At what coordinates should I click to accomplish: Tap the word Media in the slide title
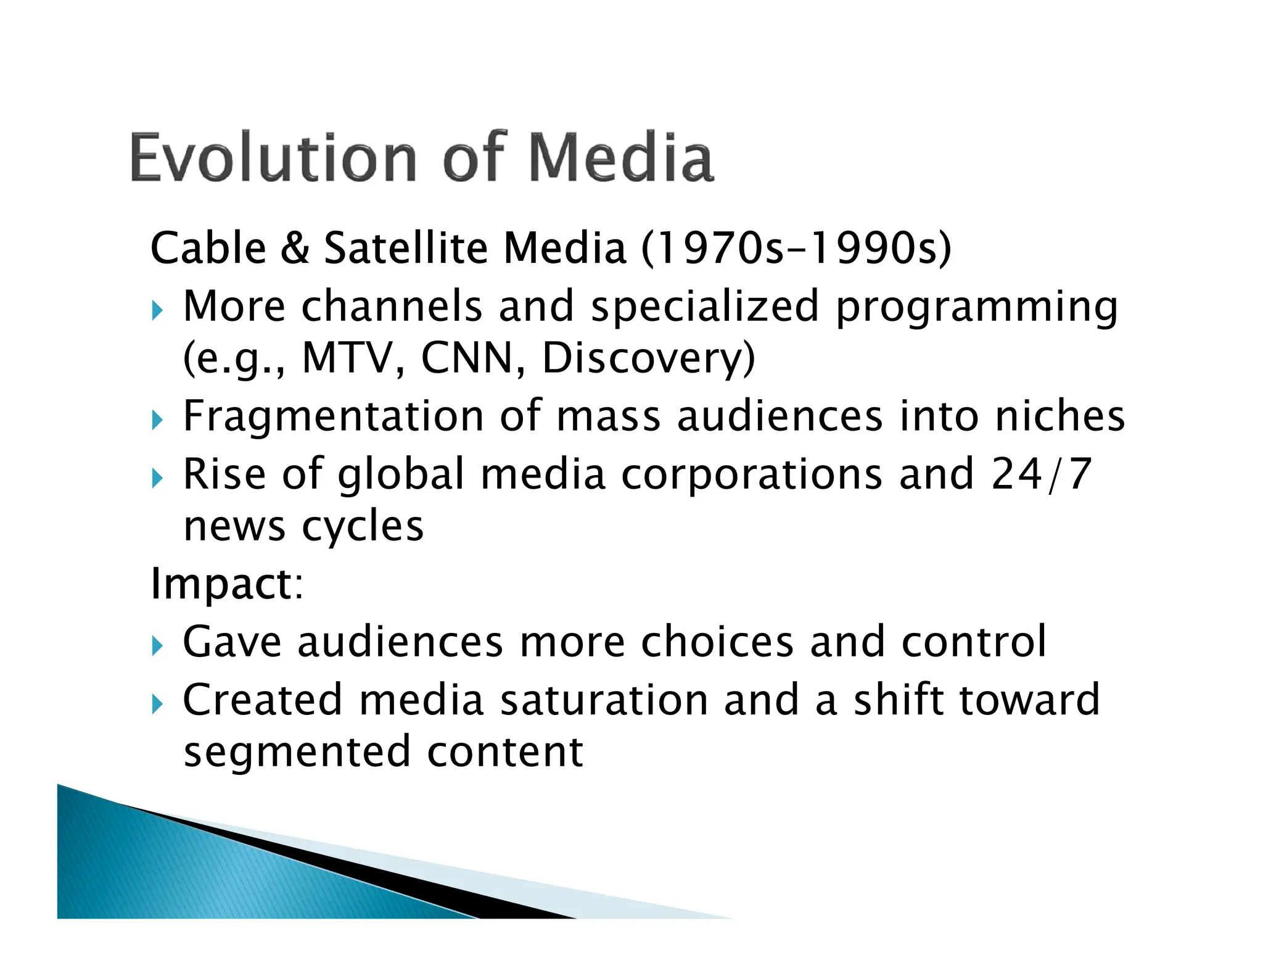tap(620, 158)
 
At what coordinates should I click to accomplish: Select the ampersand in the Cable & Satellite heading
tap(295, 248)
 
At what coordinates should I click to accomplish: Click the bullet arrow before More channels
tap(157, 310)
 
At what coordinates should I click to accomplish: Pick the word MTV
tap(347, 358)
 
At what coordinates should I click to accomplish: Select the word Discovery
tap(648, 359)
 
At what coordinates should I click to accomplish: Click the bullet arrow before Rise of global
tap(157, 478)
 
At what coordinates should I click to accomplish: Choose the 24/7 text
tap(1041, 474)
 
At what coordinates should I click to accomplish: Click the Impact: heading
tap(227, 584)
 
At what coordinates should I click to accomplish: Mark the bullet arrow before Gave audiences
tap(157, 646)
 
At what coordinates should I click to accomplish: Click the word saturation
tap(604, 700)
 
